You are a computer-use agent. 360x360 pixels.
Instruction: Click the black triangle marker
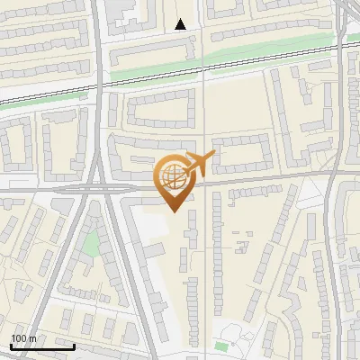tap(181, 24)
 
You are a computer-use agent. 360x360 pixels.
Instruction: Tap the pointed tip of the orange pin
tap(174, 211)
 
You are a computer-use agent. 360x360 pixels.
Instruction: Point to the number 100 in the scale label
tap(19, 338)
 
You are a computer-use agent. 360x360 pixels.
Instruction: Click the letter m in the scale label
tap(33, 338)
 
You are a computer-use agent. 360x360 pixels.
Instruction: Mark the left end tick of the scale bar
tap(10, 346)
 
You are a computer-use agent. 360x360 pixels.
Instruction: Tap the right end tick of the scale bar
tap(75, 346)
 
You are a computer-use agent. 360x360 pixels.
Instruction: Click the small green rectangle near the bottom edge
tap(222, 346)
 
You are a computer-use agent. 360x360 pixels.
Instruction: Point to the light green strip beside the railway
tap(252, 56)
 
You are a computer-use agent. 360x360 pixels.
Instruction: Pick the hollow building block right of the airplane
tap(243, 153)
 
